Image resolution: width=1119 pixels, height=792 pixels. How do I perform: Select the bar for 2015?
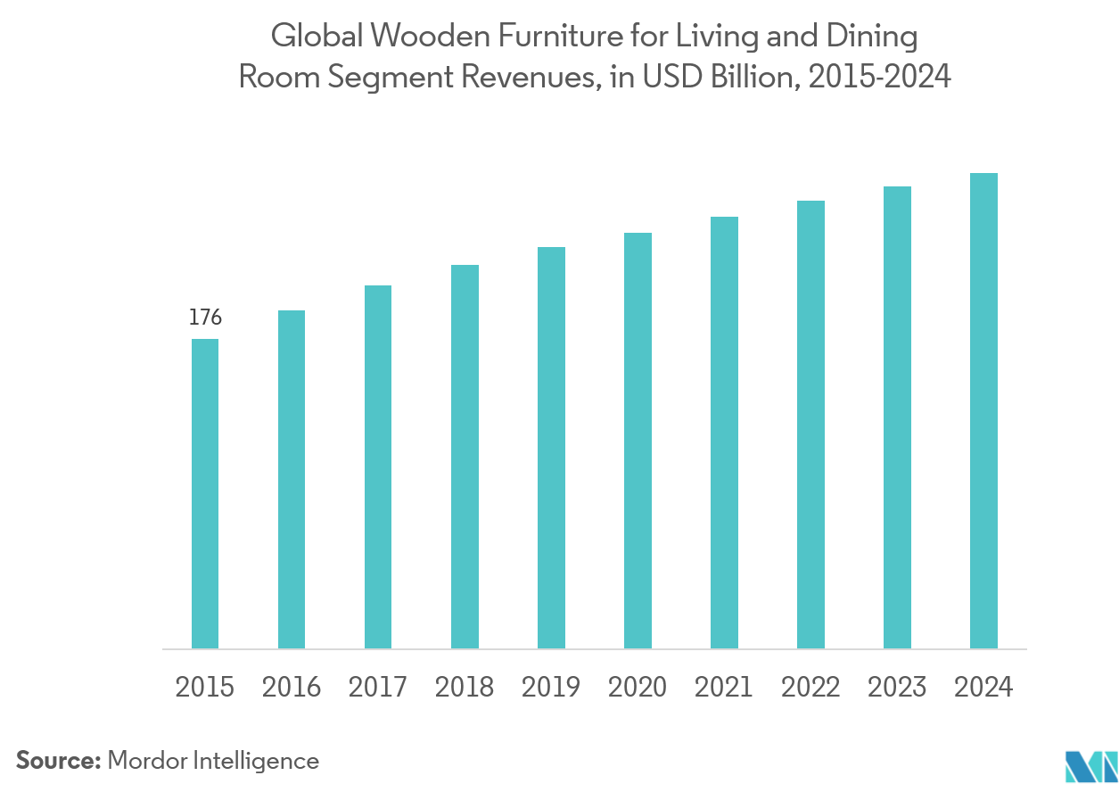pos(205,493)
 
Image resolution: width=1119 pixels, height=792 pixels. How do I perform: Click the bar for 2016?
pos(292,479)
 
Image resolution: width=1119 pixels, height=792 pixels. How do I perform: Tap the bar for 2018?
pos(465,457)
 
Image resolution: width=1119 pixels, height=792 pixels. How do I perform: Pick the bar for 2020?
pos(638,441)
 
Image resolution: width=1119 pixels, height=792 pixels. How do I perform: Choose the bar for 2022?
pos(810,425)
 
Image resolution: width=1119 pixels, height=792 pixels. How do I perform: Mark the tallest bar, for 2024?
pos(983,410)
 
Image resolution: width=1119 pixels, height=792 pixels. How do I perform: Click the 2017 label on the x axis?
pos(378,688)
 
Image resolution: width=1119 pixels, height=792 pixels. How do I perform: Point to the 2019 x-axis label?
pos(551,688)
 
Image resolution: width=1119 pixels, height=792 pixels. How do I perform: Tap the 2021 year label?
pos(724,688)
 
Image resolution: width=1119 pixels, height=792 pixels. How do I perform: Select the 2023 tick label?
pos(897,688)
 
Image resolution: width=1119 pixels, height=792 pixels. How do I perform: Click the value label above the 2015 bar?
pos(205,317)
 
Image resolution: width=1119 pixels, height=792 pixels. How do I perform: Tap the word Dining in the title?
pos(873,37)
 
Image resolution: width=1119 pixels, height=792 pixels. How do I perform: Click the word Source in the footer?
pos(59,761)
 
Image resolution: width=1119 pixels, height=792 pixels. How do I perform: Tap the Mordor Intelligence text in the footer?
pos(214,761)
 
